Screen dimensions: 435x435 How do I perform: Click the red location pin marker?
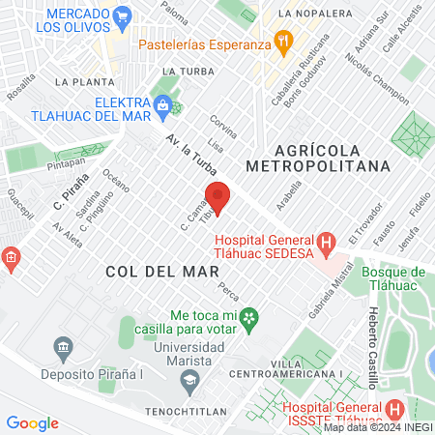217,196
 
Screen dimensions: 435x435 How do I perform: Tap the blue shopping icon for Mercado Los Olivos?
122,16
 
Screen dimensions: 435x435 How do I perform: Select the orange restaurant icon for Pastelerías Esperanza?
283,41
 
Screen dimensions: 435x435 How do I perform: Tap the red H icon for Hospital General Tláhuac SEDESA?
327,241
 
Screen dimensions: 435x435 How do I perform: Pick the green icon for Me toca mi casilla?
249,315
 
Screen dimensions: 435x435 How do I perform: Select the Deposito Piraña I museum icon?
64,347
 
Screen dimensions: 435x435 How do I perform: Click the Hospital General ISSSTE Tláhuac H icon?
393,409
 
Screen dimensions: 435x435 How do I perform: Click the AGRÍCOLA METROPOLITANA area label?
332,158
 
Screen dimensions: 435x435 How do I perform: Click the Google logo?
32,422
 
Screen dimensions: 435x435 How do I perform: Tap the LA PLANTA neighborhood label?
80,82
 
